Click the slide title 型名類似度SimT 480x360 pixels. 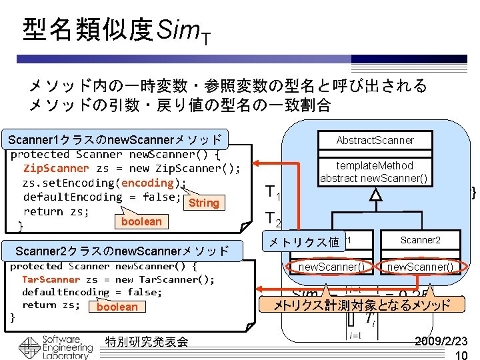pyautogui.click(x=117, y=31)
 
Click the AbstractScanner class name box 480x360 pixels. pyautogui.click(x=375, y=140)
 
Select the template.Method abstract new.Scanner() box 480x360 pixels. pyautogui.click(x=375, y=172)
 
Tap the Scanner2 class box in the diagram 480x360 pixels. pyautogui.click(x=420, y=240)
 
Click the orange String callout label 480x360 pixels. pyautogui.click(x=203, y=203)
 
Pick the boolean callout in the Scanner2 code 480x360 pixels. pyautogui.click(x=117, y=307)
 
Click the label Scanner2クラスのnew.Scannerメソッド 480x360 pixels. pyautogui.click(x=121, y=251)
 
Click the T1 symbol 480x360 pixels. pyautogui.click(x=273, y=194)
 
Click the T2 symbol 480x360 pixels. pyautogui.click(x=273, y=219)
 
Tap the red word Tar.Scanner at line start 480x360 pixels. pyautogui.click(x=51, y=279)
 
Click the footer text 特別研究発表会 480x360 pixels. pyautogui.click(x=147, y=342)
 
